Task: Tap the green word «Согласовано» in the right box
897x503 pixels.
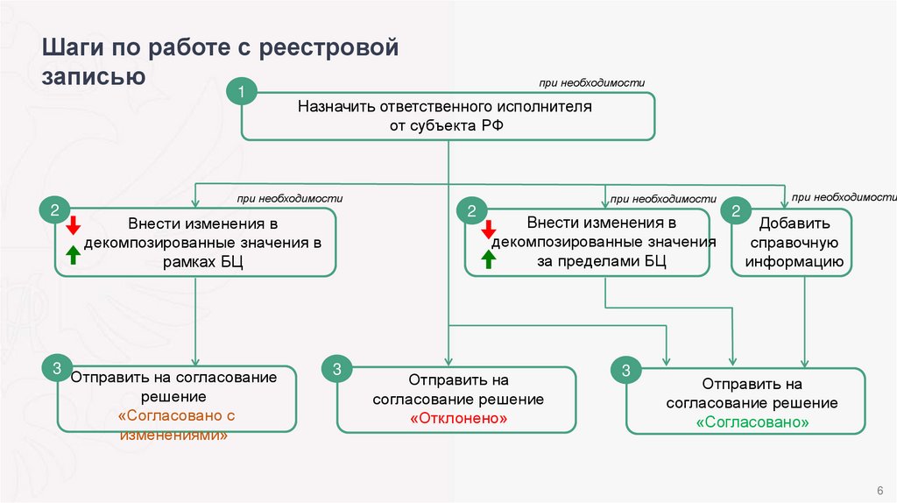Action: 752,422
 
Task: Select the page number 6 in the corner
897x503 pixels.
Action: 879,489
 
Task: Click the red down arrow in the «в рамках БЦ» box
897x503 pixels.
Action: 74,223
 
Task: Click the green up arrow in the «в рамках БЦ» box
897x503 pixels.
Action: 74,255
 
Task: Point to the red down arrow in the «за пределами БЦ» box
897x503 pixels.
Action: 489,229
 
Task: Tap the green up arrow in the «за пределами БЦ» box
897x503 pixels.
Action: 489,259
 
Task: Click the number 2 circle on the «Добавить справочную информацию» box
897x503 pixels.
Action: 735,210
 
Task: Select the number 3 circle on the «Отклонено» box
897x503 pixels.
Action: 336,368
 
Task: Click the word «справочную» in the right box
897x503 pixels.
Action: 793,242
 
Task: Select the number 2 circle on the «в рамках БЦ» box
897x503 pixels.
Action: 53,210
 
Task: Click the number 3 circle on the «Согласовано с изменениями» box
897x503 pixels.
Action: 56,368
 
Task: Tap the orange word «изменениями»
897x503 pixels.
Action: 179,435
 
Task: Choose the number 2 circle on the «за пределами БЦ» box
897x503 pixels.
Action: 471,210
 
